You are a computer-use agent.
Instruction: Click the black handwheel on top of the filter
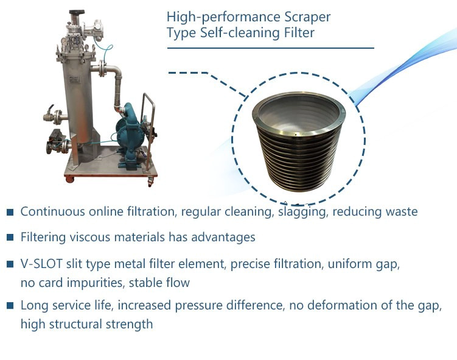tap(77, 13)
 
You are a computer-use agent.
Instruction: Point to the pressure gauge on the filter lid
tap(63, 41)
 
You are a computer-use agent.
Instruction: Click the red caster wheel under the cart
tap(69, 179)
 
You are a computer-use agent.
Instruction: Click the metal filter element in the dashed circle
tap(298, 141)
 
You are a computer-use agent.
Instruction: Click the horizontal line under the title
tap(270, 48)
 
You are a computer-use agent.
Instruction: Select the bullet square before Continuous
tap(10, 212)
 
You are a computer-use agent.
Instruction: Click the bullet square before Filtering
tap(10, 237)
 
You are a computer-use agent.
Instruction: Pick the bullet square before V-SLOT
tap(10, 264)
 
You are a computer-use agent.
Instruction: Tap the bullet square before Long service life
tap(10, 305)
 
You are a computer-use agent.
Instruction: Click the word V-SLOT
tap(41, 264)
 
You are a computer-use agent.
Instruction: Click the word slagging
tap(301, 212)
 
